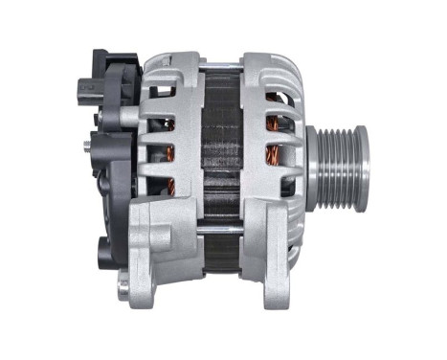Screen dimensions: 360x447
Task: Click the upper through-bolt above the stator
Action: tap(220, 66)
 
